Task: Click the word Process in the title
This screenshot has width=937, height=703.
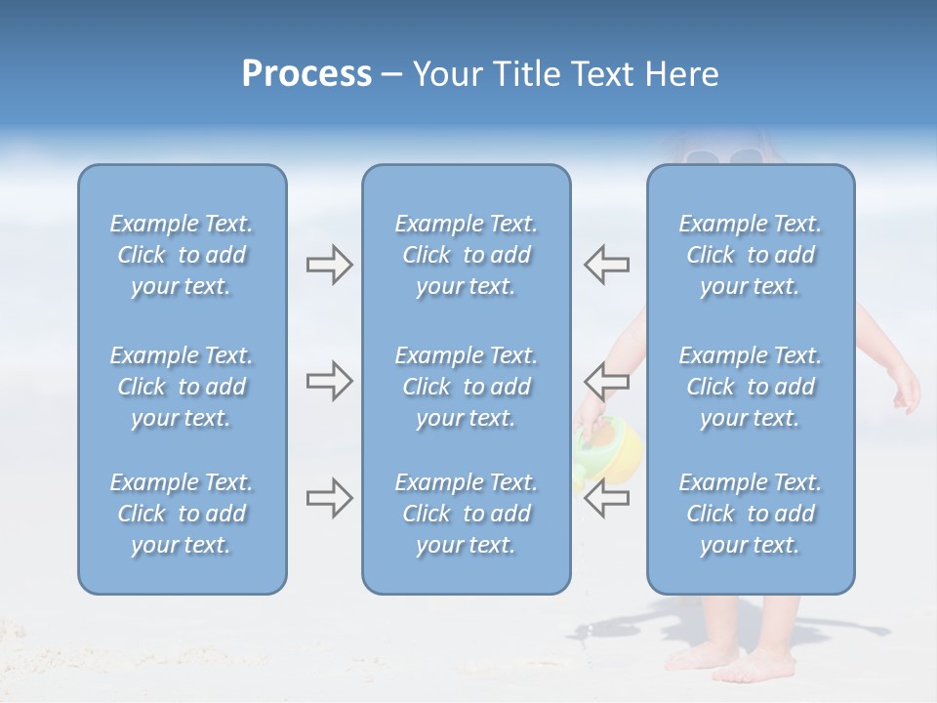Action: point(306,74)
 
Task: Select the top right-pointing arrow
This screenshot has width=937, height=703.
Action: point(329,264)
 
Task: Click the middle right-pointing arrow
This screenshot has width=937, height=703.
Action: point(329,381)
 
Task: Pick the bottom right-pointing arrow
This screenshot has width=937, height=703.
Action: point(329,498)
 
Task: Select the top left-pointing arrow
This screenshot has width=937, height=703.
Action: point(607,264)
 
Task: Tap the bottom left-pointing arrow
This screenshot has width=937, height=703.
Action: point(607,498)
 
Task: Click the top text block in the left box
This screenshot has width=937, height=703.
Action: point(182,255)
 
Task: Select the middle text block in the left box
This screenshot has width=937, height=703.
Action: point(182,387)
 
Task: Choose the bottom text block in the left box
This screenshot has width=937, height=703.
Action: point(182,514)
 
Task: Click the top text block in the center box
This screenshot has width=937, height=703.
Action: point(467,255)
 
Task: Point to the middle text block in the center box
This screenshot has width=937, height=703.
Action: point(467,387)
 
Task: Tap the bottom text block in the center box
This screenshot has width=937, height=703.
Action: point(467,514)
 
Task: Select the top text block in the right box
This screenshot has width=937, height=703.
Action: point(751,255)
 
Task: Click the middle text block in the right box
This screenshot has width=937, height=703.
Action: point(751,387)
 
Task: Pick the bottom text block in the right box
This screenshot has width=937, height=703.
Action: point(751,514)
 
